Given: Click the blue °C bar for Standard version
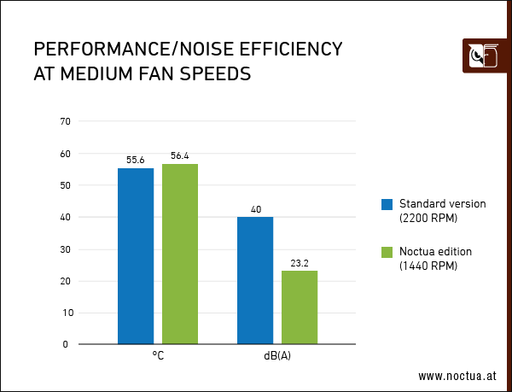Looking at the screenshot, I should [136, 256].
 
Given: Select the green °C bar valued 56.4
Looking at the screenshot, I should [180, 254].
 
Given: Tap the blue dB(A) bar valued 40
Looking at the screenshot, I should [255, 280].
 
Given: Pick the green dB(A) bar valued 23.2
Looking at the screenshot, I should [300, 307].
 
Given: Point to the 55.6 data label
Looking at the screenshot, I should [136, 160].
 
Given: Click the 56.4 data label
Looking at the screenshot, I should [180, 155].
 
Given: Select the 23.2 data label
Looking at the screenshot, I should [300, 263].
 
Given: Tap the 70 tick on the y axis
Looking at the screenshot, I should [65, 121].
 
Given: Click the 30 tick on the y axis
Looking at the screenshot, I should [65, 249].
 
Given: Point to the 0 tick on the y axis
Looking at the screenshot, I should [67, 344].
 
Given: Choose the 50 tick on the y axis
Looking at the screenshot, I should [65, 185].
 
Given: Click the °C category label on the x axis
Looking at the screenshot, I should [158, 355].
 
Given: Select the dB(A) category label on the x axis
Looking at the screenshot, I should [277, 355].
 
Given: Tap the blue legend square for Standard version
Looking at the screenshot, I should [387, 204].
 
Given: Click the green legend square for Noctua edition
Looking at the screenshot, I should [387, 252].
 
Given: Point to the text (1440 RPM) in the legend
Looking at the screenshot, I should [428, 266].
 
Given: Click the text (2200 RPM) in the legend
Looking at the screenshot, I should [428, 218].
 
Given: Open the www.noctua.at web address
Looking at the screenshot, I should [457, 376].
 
